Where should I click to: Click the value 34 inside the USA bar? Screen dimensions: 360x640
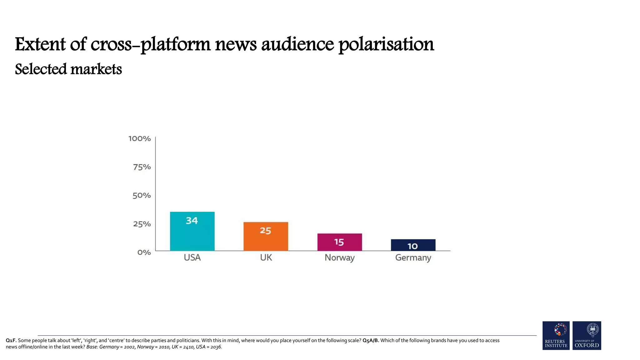[192, 221]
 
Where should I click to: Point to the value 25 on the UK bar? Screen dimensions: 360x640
[265, 231]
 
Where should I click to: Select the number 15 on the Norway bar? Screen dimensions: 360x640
[339, 242]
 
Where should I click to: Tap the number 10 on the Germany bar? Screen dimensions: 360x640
[412, 246]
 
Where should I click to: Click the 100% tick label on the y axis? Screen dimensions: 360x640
[139, 138]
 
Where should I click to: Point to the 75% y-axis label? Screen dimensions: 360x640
[142, 167]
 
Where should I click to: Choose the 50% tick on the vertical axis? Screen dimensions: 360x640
[142, 196]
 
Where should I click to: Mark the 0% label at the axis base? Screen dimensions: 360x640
[144, 252]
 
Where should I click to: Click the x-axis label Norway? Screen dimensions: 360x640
[339, 258]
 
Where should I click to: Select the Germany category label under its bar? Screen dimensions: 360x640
[413, 258]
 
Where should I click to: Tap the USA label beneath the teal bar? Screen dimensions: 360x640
[192, 257]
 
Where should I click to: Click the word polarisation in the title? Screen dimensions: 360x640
[386, 44]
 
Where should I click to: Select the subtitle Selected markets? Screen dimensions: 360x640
[68, 69]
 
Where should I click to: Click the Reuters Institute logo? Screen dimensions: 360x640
[556, 335]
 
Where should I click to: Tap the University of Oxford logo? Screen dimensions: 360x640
[587, 335]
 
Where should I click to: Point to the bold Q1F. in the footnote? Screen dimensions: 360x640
[11, 340]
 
